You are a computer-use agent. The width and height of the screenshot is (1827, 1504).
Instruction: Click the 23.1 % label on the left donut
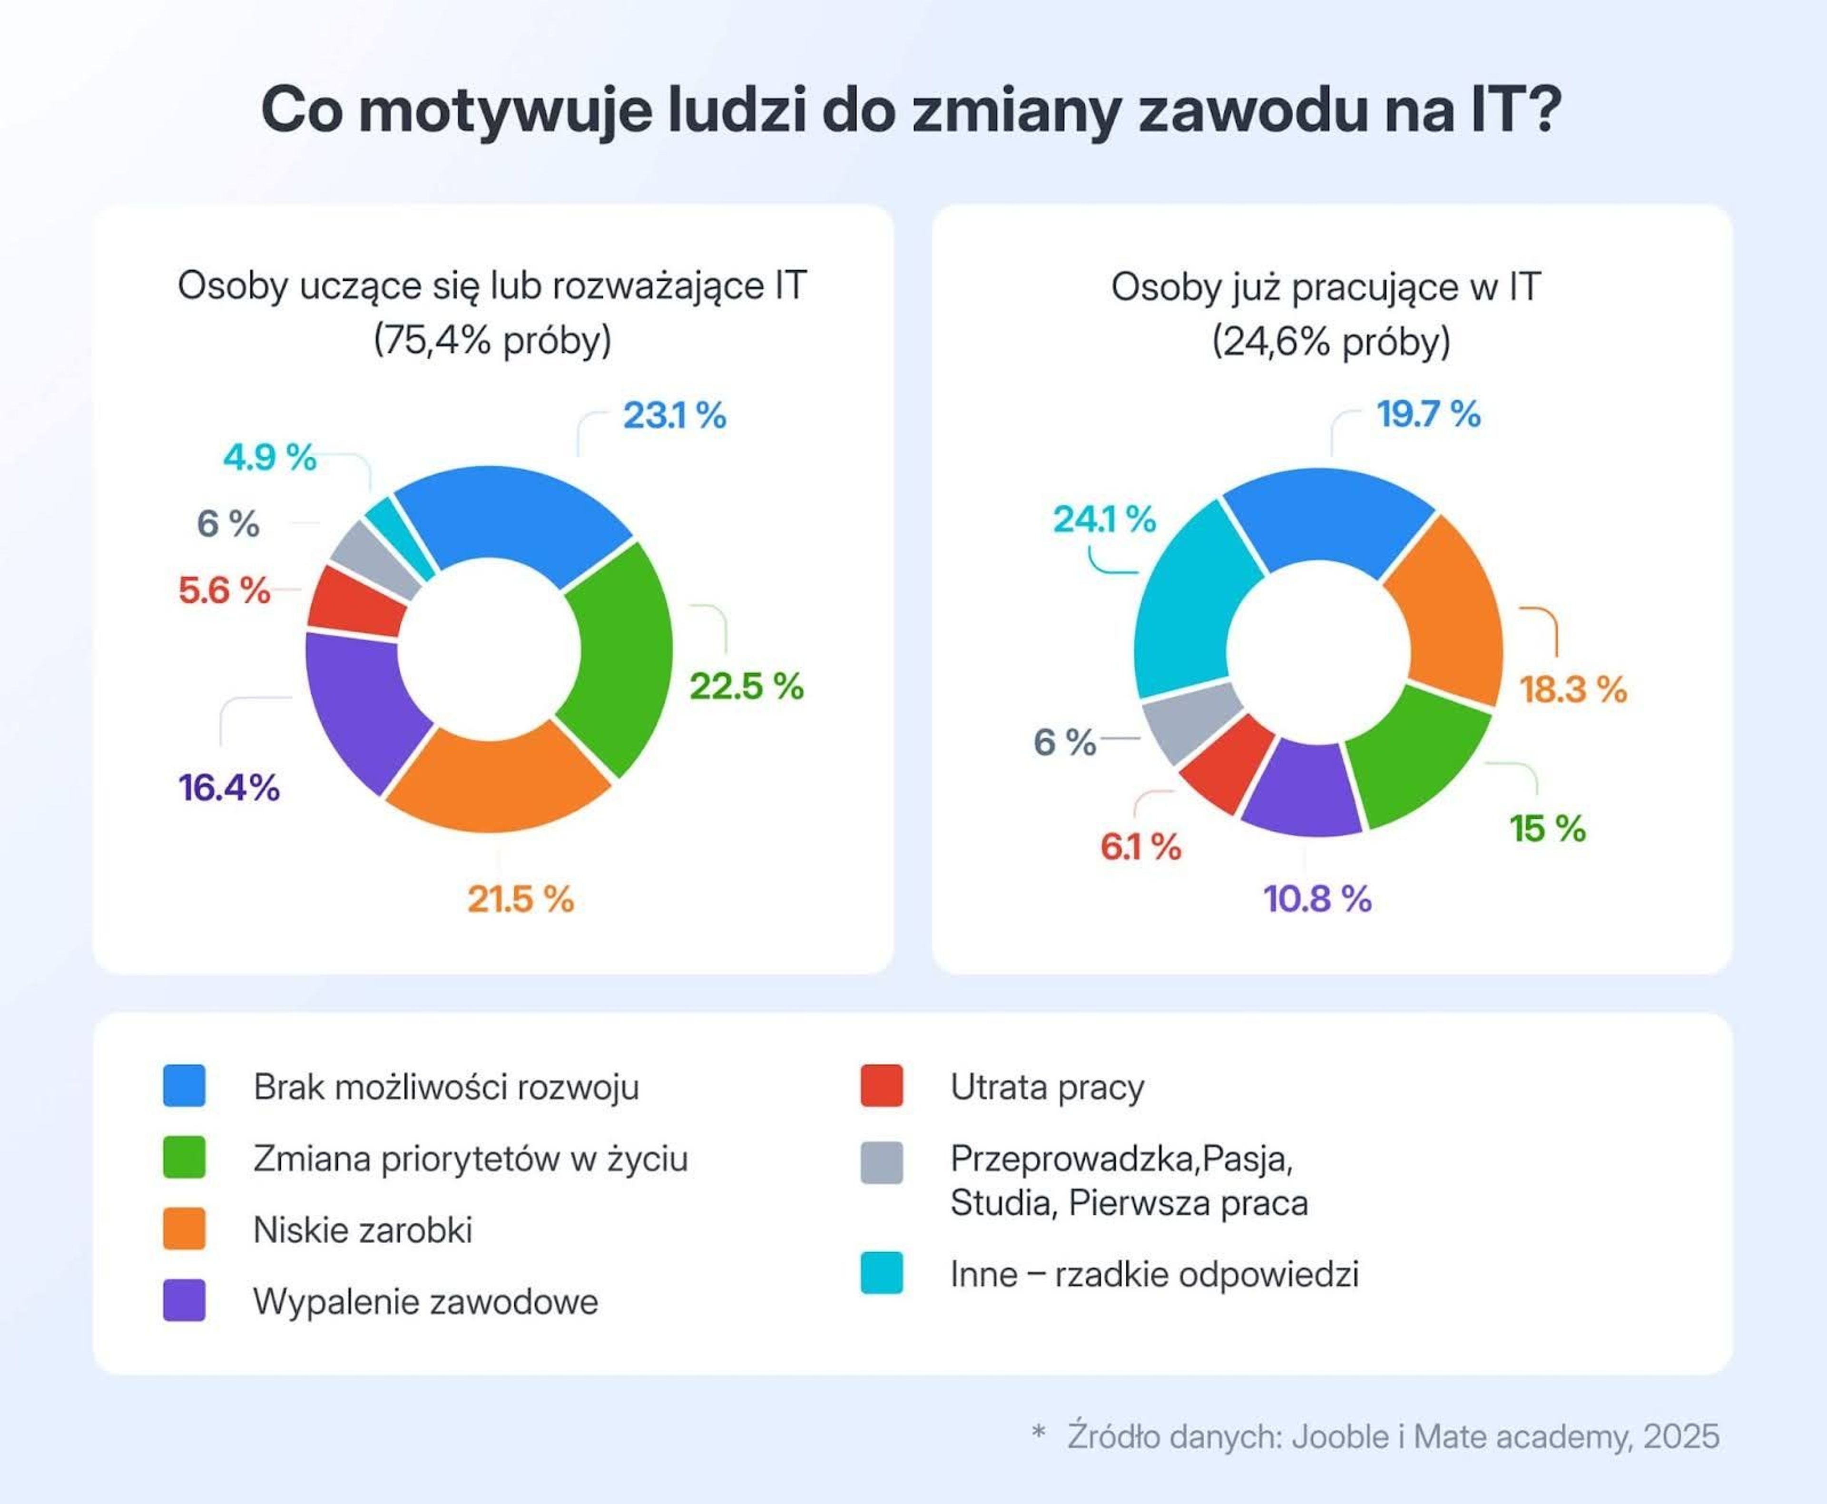pos(674,416)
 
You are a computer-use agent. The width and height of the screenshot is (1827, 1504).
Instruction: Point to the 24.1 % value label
pos(1104,520)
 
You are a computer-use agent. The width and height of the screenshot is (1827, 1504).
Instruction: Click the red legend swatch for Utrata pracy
pos(881,1086)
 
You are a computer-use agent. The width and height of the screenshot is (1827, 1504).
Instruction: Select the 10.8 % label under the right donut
pos(1317,899)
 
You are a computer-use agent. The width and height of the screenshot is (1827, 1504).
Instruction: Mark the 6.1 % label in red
pos(1140,846)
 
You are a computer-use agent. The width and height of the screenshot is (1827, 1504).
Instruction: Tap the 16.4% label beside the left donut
pos(229,787)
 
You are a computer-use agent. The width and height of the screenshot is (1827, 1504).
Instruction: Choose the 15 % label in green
pos(1547,828)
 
